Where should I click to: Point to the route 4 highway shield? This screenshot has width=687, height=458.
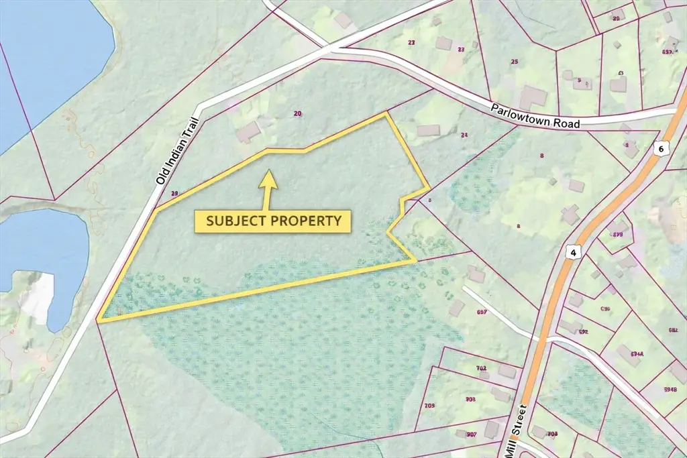pos(572,252)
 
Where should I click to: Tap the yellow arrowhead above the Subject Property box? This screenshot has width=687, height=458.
pos(268,178)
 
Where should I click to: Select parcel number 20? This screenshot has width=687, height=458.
pos(298,113)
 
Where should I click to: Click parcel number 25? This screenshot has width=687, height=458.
pos(515,62)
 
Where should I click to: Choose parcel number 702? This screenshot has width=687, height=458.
pos(480,368)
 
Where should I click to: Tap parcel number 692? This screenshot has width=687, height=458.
pos(582,331)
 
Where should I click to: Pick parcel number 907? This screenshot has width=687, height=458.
pos(471,435)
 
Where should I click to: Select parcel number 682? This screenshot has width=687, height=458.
pos(672,330)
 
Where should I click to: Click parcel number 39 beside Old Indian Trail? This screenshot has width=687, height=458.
pos(175,194)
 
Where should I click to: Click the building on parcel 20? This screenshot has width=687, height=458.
pos(249,131)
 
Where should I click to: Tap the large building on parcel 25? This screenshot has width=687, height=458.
pos(533,98)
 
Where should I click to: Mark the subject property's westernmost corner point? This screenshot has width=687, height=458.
pos(99,321)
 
